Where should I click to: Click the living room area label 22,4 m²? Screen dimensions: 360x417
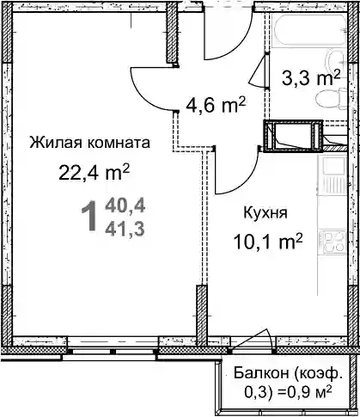(x=95, y=173)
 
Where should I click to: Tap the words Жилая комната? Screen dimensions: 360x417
(x=89, y=142)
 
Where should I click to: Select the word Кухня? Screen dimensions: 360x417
(x=265, y=212)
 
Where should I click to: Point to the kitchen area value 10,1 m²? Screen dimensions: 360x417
(x=268, y=242)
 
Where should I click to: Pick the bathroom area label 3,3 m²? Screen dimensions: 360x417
(x=311, y=78)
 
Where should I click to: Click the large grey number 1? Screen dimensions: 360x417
(x=89, y=216)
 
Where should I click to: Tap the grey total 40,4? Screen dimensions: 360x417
(x=125, y=206)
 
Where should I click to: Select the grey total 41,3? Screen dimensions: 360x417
(x=125, y=230)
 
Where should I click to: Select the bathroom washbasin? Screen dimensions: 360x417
(x=338, y=62)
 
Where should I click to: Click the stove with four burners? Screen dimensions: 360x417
(x=333, y=242)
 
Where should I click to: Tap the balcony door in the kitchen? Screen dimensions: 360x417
(x=252, y=341)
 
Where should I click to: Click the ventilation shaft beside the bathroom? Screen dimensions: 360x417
(x=293, y=136)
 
